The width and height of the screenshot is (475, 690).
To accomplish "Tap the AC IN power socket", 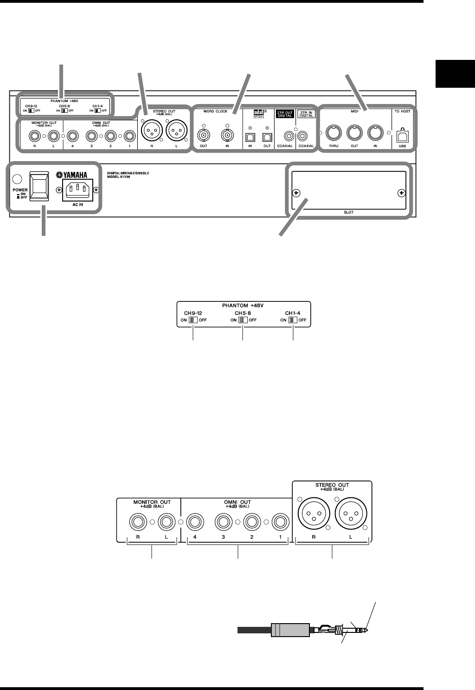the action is (77, 189).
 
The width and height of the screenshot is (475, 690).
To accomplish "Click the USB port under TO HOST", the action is (402, 136).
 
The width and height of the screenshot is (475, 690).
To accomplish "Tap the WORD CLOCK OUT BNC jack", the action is (203, 136).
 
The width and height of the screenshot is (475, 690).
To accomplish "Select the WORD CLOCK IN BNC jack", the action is (227, 136).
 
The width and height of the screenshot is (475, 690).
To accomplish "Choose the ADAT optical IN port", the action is (250, 137).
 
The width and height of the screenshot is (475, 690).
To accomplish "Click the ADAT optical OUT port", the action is (267, 137).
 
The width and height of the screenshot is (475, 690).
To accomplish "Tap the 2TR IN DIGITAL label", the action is (306, 115).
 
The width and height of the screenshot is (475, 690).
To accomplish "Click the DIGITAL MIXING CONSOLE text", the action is (127, 173).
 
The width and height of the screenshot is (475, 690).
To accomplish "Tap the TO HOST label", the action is (402, 111).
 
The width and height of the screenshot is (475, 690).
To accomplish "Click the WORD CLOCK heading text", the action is (215, 111).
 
